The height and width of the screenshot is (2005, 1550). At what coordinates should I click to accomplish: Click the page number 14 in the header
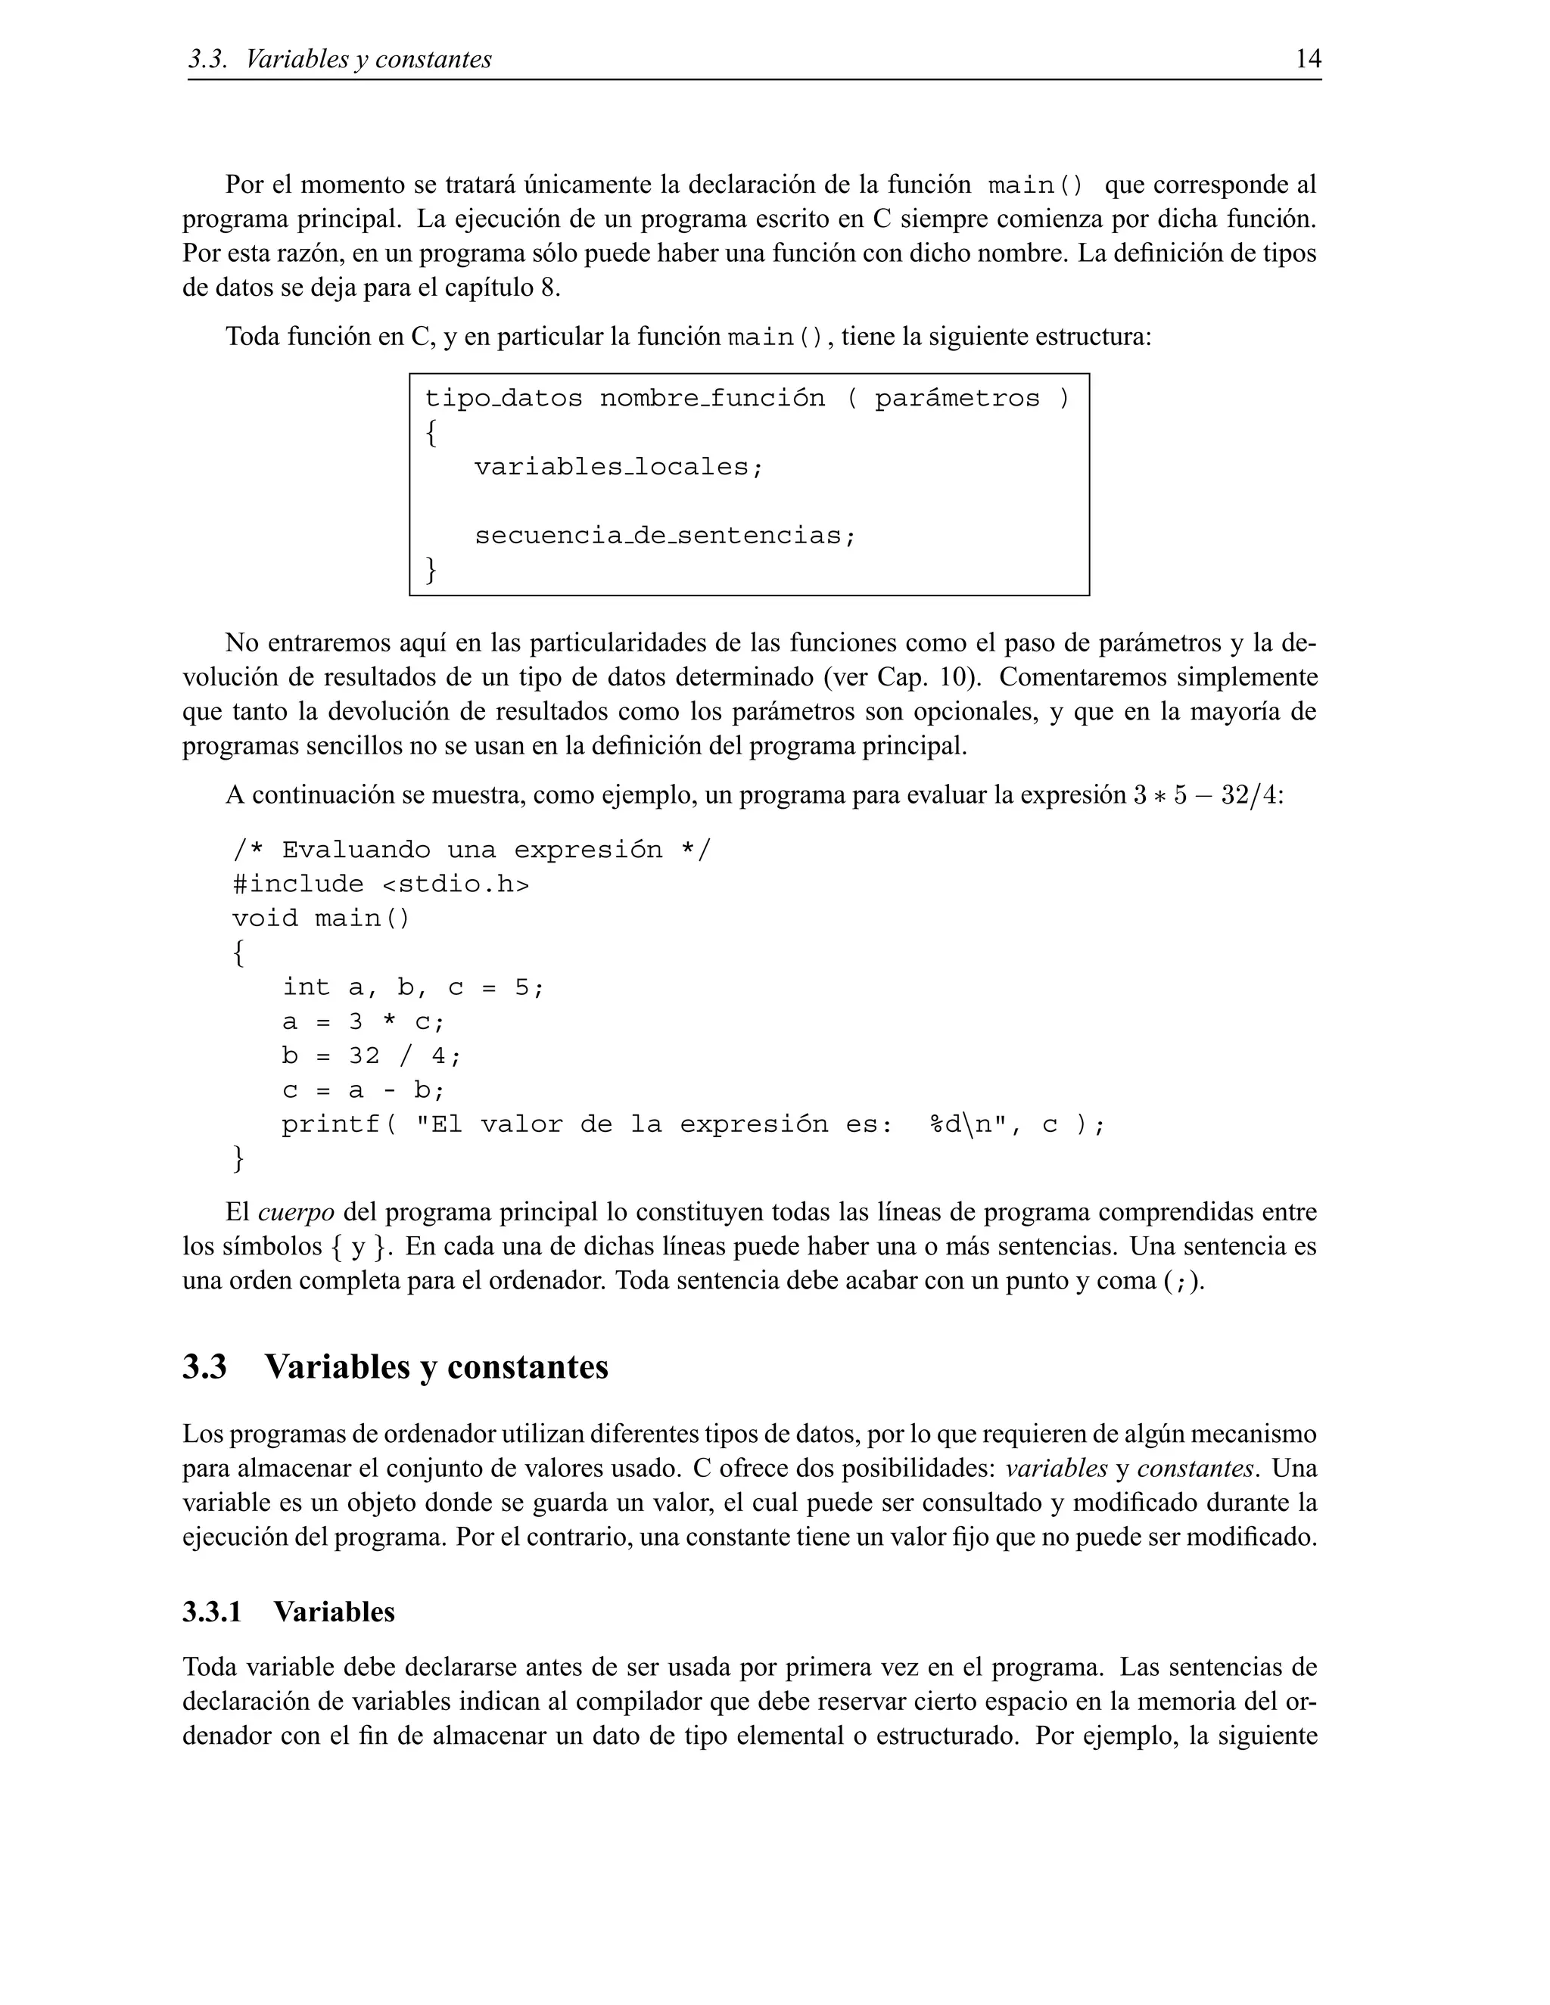[1308, 60]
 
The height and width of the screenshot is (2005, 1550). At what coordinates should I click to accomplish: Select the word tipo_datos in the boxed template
[503, 399]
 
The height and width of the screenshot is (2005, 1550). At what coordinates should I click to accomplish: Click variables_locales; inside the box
[618, 468]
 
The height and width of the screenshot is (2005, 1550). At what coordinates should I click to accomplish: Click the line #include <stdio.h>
[381, 884]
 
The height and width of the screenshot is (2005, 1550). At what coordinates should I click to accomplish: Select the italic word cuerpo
[296, 1213]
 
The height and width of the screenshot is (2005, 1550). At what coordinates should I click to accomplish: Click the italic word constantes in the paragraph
[1194, 1469]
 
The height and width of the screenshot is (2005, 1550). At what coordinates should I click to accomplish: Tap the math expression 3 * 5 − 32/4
[1204, 795]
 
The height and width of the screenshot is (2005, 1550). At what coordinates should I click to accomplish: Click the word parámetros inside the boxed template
[957, 399]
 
